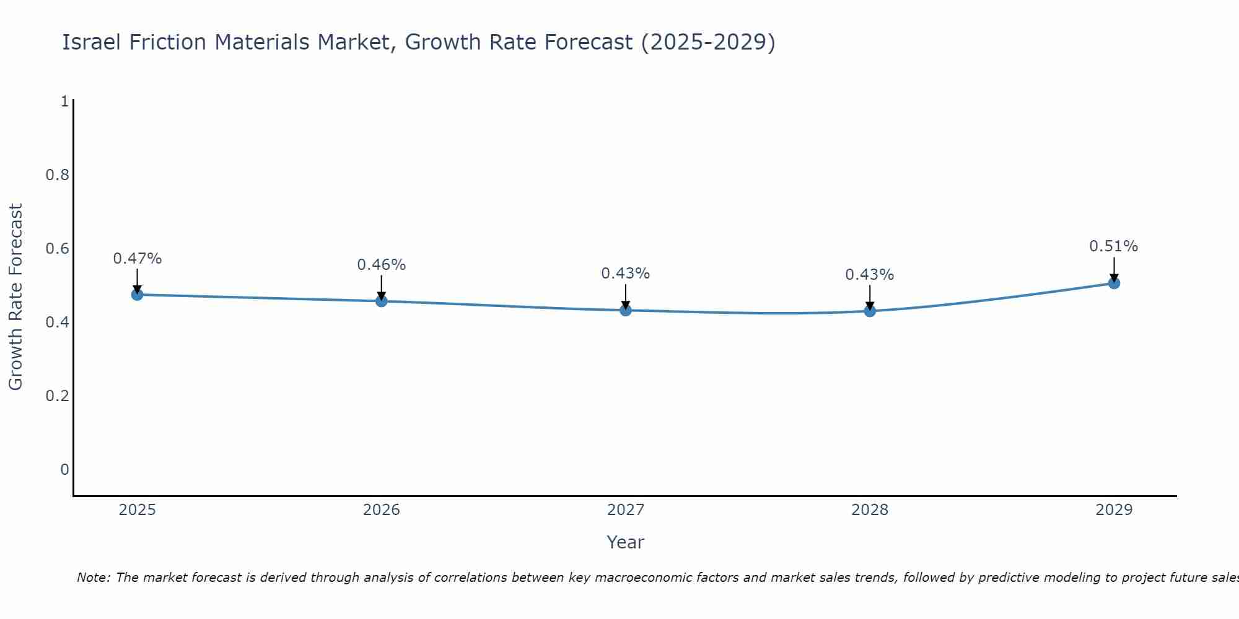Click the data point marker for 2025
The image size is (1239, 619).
pyautogui.click(x=138, y=295)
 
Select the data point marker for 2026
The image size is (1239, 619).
pyautogui.click(x=382, y=301)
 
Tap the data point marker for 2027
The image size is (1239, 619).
pyautogui.click(x=626, y=310)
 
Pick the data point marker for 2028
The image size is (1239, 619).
pyautogui.click(x=870, y=311)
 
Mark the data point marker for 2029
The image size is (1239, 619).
pyautogui.click(x=1114, y=284)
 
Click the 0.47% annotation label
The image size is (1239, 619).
pyautogui.click(x=138, y=259)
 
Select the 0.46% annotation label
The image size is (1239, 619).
pyautogui.click(x=382, y=265)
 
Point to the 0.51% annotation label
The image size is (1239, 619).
pyautogui.click(x=1114, y=246)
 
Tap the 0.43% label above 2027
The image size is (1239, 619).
pyautogui.click(x=626, y=274)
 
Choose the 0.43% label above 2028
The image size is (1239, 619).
pyautogui.click(x=870, y=275)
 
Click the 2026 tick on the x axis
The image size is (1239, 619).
pyautogui.click(x=382, y=510)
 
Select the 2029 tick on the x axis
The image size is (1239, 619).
pyautogui.click(x=1114, y=510)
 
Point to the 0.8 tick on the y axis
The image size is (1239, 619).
pyautogui.click(x=57, y=175)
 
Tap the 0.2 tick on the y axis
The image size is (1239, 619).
pyautogui.click(x=57, y=396)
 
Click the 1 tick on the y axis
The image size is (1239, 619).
pyautogui.click(x=64, y=102)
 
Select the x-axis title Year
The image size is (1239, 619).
pyautogui.click(x=626, y=542)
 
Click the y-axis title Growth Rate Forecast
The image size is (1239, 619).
pyautogui.click(x=15, y=297)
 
